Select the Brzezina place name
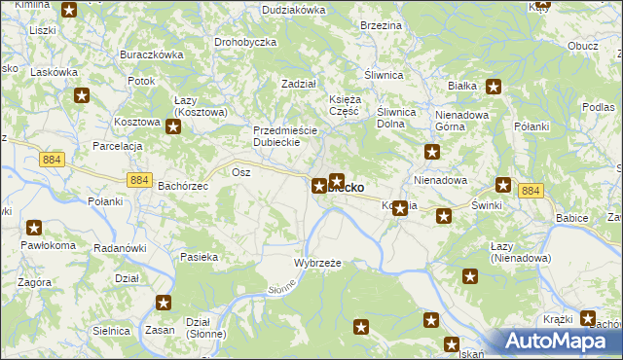381,24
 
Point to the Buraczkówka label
151,55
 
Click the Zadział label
299,84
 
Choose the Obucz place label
582,46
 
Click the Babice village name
571,218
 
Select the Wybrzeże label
317,263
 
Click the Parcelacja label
118,145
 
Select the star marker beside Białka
494,88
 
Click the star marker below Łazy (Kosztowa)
172,126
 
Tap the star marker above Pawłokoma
34,229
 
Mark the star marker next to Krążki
588,318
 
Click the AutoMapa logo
559,342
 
